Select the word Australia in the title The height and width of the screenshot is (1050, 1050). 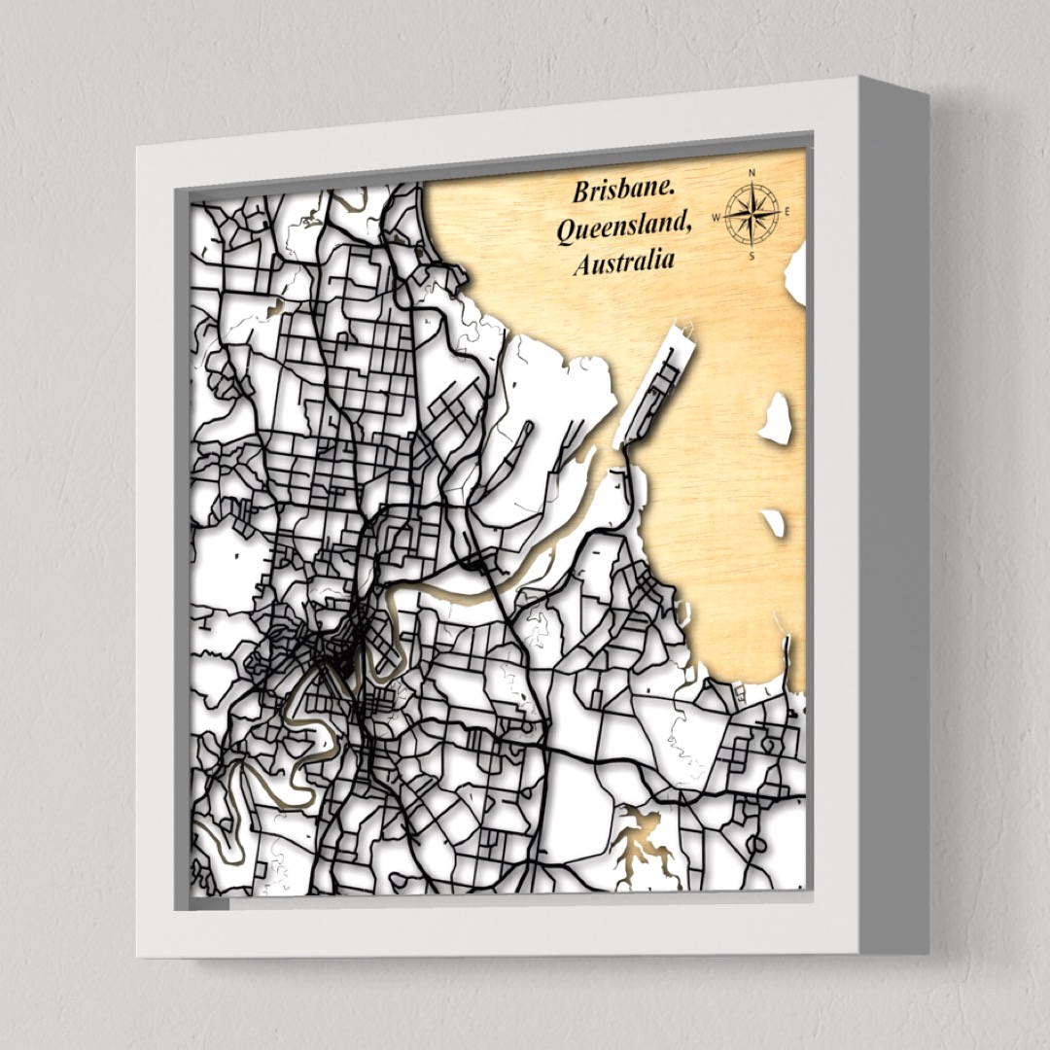(x=623, y=262)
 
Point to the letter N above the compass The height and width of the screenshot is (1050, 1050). (x=752, y=174)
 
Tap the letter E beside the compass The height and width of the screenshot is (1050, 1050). (x=787, y=211)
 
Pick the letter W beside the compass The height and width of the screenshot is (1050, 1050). (x=717, y=217)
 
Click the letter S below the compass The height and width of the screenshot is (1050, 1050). (x=752, y=256)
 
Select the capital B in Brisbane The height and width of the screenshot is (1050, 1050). (x=580, y=192)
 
